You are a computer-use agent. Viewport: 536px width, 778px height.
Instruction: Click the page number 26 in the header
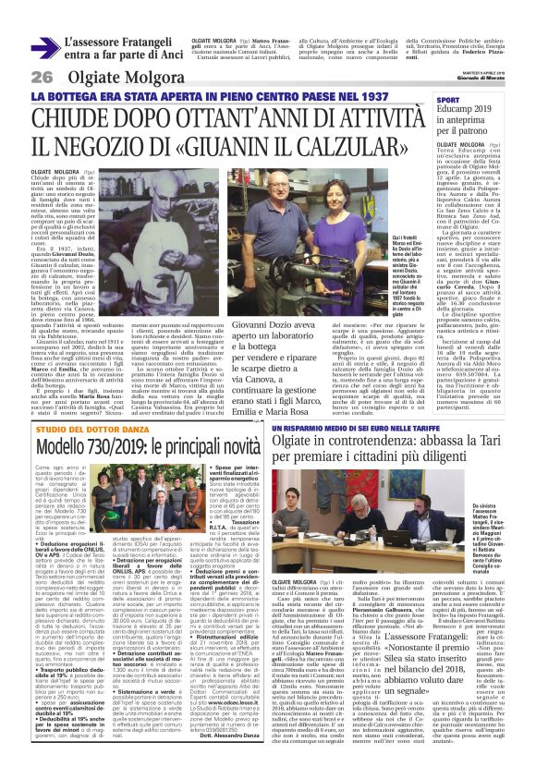(x=42, y=76)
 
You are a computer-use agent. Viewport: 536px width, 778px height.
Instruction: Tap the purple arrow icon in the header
(x=43, y=47)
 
